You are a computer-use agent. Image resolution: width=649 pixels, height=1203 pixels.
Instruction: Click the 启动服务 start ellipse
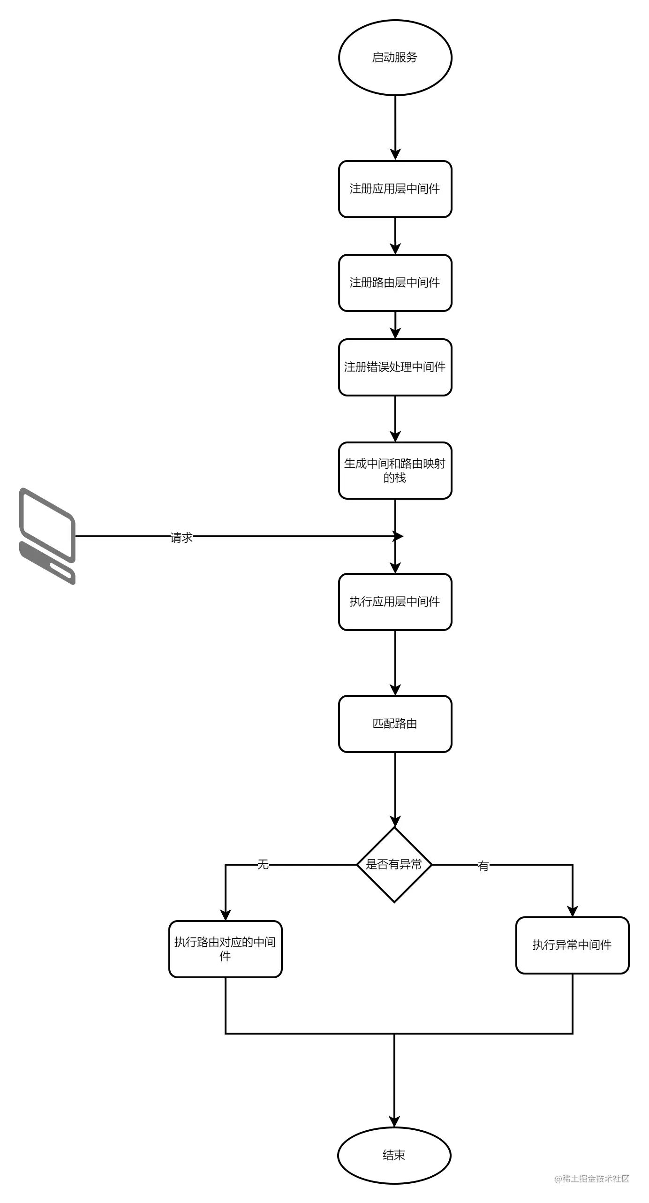click(x=395, y=58)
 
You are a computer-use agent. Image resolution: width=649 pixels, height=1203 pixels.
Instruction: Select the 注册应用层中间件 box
click(x=395, y=189)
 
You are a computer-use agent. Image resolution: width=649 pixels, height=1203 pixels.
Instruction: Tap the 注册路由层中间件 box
click(x=395, y=283)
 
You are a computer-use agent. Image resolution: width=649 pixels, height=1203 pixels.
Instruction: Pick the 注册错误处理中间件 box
click(x=395, y=367)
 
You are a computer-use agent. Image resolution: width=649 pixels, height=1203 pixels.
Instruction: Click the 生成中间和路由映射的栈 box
click(x=395, y=471)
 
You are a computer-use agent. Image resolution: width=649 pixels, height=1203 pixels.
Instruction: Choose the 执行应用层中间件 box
click(x=395, y=602)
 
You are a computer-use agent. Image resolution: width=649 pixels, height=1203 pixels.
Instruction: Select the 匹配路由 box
click(x=395, y=724)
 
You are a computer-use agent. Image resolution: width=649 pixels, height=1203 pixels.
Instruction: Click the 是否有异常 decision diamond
click(x=394, y=864)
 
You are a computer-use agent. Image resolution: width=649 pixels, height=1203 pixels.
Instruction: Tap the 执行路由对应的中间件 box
click(x=226, y=949)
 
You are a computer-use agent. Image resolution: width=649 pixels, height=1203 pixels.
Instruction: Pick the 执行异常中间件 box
click(x=572, y=945)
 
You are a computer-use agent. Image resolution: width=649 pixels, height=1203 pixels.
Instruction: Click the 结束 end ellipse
click(x=394, y=1155)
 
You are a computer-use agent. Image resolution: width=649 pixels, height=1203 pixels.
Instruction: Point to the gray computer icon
click(x=47, y=536)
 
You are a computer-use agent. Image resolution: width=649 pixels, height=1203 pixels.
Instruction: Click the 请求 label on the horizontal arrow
click(x=181, y=538)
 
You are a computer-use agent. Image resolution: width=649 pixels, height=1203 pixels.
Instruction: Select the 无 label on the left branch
click(x=263, y=864)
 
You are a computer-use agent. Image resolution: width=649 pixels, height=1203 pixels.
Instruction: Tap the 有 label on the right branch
click(x=483, y=866)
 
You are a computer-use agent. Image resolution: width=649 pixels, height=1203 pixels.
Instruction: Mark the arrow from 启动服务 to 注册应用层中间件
click(x=395, y=127)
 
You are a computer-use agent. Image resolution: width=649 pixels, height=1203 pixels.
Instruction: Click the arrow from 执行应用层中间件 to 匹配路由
click(x=395, y=662)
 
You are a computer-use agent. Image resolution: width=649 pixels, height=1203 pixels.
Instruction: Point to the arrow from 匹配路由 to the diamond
click(x=395, y=788)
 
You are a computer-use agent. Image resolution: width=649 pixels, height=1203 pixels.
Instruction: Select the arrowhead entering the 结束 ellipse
click(x=394, y=1121)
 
